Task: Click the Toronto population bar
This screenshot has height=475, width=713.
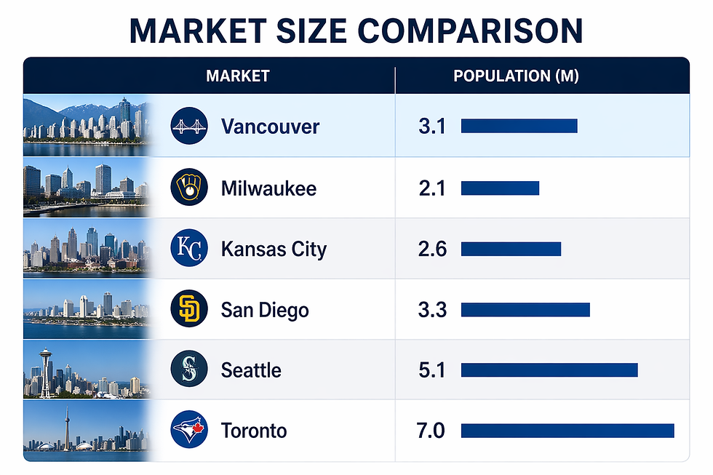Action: click(x=567, y=431)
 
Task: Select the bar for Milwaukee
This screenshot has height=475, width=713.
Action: click(x=500, y=188)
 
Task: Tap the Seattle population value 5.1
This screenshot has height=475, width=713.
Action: click(x=431, y=370)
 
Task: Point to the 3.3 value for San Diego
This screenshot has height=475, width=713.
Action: click(x=431, y=310)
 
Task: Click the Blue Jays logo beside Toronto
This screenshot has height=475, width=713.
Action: click(x=188, y=430)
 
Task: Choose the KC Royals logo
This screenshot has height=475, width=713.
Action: click(x=188, y=249)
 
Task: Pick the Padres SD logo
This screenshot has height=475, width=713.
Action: click(x=188, y=309)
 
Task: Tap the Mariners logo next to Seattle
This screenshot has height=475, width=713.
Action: click(x=188, y=370)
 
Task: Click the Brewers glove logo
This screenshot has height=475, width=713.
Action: click(x=188, y=188)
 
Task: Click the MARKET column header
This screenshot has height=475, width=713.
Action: click(x=238, y=76)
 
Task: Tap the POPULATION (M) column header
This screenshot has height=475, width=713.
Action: click(x=516, y=76)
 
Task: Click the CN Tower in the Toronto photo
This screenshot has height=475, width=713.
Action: click(x=67, y=426)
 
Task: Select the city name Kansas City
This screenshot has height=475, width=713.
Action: click(x=274, y=250)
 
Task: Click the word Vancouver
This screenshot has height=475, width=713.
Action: click(x=270, y=127)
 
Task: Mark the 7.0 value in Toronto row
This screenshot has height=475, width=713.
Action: click(x=431, y=431)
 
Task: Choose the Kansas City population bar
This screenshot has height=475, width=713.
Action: click(x=511, y=249)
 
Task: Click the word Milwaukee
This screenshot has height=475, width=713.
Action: click(x=268, y=189)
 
